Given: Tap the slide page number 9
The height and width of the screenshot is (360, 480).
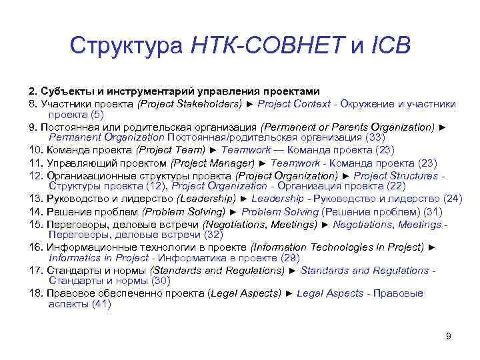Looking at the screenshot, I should click(x=449, y=336).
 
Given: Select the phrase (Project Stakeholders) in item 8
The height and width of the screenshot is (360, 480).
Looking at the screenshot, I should click(x=189, y=103).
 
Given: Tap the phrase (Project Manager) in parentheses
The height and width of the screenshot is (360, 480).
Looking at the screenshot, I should click(x=213, y=162).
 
